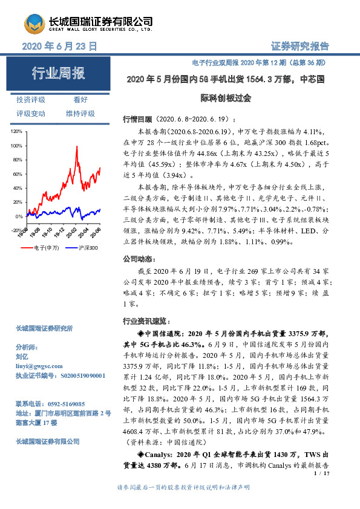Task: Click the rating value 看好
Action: coord(80,100)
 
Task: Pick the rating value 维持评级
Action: coord(80,114)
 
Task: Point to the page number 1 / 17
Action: coord(321,475)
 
